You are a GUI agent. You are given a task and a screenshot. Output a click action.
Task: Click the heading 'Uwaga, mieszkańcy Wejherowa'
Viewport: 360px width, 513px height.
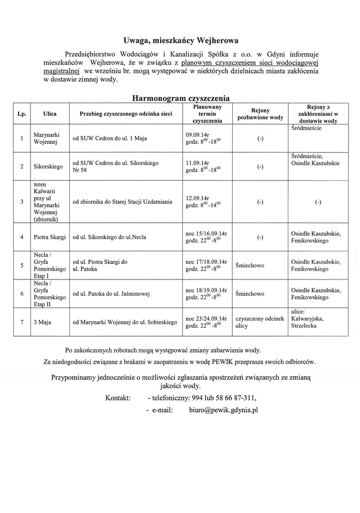coord(180,41)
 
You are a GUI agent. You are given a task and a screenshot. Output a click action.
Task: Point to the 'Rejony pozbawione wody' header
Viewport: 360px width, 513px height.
coord(260,113)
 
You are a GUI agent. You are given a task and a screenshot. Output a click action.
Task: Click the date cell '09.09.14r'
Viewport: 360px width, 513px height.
coord(197,134)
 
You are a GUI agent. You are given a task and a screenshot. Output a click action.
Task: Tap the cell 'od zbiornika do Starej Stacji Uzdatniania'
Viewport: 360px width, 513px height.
coord(122,202)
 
